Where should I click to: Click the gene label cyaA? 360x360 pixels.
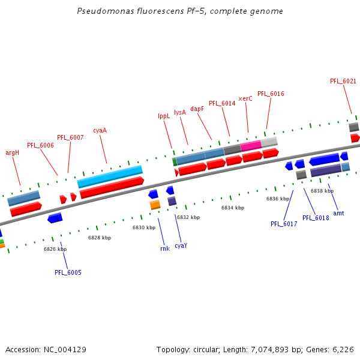[100, 130]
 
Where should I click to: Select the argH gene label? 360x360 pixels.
[13, 152]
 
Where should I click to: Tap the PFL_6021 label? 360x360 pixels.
[343, 81]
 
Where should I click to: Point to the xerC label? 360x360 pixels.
[245, 98]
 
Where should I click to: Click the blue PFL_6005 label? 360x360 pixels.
[68, 272]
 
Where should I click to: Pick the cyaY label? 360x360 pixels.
[181, 245]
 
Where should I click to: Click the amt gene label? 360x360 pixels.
[338, 213]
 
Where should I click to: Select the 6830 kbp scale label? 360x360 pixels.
[144, 227]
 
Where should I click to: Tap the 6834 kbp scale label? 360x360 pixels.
[233, 208]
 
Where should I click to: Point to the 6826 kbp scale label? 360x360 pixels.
[55, 249]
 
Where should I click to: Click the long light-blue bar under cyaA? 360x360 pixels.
[110, 176]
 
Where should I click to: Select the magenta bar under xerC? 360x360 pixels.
[251, 145]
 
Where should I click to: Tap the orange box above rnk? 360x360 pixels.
[155, 205]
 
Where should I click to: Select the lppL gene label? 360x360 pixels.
[164, 116]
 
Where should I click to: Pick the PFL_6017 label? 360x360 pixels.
[284, 224]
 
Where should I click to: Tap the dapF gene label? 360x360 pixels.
[197, 109]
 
